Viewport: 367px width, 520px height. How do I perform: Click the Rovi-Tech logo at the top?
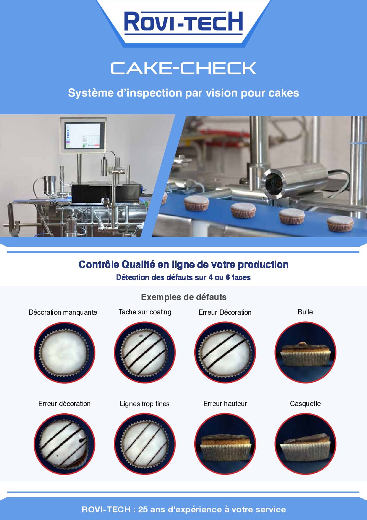point(183,23)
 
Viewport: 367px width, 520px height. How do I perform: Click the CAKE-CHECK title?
point(183,68)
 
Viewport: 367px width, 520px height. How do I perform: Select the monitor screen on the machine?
point(83,136)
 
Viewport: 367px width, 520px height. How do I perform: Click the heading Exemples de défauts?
point(183,297)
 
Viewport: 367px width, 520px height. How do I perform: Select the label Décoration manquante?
point(63,312)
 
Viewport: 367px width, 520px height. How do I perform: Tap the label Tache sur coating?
point(145,312)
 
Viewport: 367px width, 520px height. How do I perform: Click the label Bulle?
point(305,312)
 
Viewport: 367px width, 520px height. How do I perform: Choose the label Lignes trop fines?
point(144,404)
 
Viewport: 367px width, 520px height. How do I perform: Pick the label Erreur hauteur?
point(225,404)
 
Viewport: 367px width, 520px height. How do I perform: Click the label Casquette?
point(305,404)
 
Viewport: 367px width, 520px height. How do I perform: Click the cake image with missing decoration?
point(65,352)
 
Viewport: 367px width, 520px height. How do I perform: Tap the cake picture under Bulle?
point(305,352)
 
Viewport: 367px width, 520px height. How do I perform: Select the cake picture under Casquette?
point(305,444)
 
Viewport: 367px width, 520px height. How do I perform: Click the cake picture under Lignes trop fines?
point(145,444)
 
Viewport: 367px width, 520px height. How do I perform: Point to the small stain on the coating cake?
point(140,336)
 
